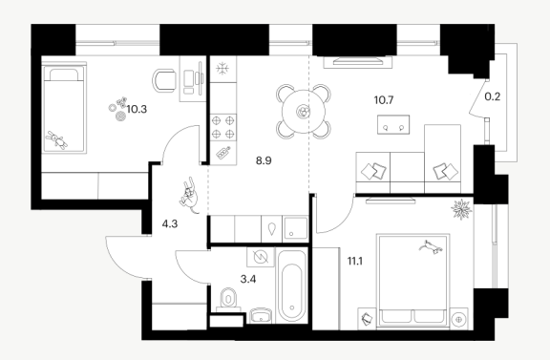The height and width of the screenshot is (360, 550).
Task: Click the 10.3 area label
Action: coord(137,110)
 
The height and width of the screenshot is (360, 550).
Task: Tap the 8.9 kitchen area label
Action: coord(264,161)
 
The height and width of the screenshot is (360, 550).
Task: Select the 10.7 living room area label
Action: coord(384,100)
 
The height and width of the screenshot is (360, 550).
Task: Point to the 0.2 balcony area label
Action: coord(493,96)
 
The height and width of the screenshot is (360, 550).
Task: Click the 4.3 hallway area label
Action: coord(170,223)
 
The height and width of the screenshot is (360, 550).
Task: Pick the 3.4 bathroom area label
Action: coord(248,279)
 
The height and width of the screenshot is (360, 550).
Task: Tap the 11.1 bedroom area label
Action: coord(355,261)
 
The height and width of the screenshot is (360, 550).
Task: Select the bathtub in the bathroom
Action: coord(292,286)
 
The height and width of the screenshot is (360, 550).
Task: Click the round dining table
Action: coord(304,112)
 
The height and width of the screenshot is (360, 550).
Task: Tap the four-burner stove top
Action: coord(223,127)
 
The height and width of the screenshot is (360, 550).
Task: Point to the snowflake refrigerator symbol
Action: coord(222,69)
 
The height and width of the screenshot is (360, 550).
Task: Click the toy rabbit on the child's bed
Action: coord(56,140)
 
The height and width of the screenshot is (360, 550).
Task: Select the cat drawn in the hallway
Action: coord(189,196)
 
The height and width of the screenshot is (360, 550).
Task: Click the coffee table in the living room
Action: coord(393,124)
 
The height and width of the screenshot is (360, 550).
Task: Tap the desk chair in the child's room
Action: coord(164,81)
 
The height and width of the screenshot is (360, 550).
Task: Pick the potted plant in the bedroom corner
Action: coord(461,209)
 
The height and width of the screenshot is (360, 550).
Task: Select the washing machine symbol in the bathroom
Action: coord(261,257)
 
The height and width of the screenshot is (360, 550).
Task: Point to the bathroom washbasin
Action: coord(262,316)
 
